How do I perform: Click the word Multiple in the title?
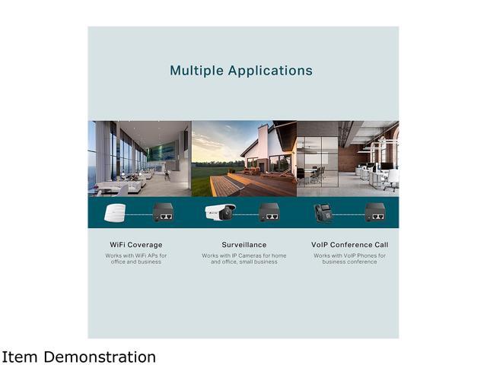[x=196, y=71]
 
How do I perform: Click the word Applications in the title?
[x=270, y=71]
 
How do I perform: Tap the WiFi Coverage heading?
[x=136, y=245]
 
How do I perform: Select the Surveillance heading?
[x=244, y=245]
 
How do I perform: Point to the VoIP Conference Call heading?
[x=350, y=245]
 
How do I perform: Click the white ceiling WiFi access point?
[x=115, y=213]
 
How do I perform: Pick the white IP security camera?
[x=220, y=212]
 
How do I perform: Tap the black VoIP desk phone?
[x=323, y=214]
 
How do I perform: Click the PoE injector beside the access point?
[x=163, y=212]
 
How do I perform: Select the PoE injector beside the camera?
[x=269, y=212]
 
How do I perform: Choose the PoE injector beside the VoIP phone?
[x=375, y=212]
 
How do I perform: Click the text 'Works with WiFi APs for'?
[x=136, y=255]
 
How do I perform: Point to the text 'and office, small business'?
[x=244, y=262]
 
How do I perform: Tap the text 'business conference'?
[x=350, y=262]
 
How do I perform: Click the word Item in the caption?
[x=19, y=357]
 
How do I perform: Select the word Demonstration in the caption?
[x=100, y=357]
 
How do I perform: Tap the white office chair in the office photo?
[x=392, y=180]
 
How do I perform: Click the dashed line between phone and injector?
[x=349, y=214]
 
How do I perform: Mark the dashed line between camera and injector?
[x=247, y=214]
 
